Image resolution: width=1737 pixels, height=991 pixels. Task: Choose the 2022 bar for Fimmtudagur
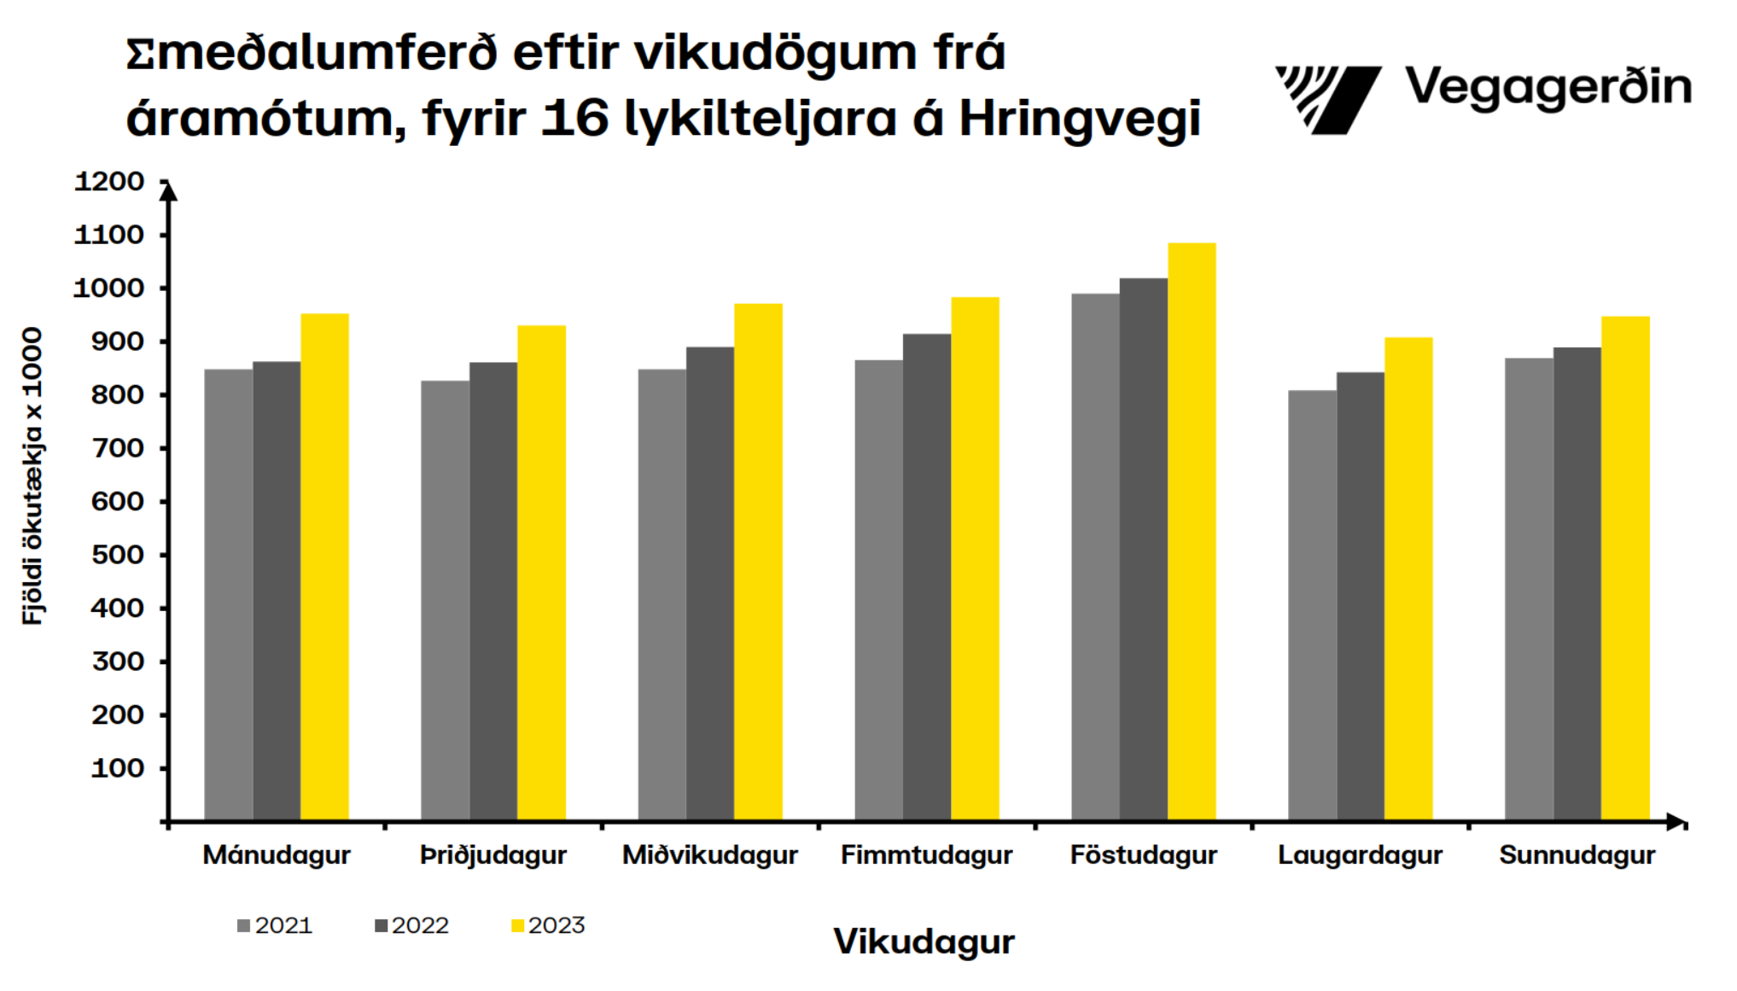point(926,577)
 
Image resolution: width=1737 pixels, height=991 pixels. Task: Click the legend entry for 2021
point(275,925)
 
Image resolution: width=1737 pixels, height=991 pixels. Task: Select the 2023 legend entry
point(548,925)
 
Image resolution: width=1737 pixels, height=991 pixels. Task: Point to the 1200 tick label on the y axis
point(109,182)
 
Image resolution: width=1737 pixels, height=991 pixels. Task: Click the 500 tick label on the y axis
point(117,555)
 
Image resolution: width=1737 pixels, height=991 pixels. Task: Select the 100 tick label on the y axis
point(117,768)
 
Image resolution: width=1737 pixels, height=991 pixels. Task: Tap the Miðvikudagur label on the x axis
point(709,854)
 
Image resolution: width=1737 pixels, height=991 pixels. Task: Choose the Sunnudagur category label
point(1577,854)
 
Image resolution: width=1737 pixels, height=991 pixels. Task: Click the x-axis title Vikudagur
point(924,941)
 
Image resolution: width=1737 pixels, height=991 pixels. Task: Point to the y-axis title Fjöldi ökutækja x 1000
point(32,475)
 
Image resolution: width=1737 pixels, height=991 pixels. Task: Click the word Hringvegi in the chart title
point(1080,118)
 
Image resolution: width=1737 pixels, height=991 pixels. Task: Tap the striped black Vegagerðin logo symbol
point(1327,99)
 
